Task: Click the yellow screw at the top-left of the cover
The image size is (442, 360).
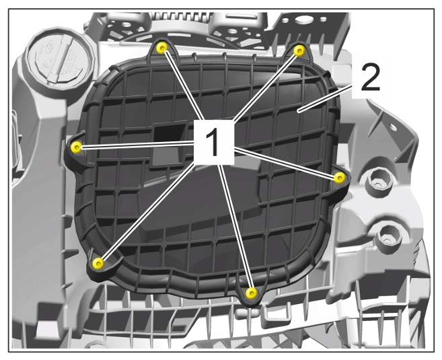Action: point(162,48)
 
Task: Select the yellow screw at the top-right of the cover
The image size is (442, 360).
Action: point(299,51)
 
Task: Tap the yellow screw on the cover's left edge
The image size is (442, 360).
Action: point(77,147)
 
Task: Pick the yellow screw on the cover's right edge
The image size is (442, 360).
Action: point(340,178)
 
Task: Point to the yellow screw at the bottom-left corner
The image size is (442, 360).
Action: point(99,263)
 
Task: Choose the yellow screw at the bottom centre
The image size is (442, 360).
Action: point(252,293)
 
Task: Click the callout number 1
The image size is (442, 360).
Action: point(214,142)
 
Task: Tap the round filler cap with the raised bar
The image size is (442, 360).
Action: point(60,60)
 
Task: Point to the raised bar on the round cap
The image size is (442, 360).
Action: point(59,60)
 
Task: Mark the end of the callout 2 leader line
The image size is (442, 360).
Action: point(299,111)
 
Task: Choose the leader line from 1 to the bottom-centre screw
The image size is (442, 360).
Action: point(235,227)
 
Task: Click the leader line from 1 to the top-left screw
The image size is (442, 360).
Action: point(183,85)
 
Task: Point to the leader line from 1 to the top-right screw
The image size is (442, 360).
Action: point(265,87)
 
